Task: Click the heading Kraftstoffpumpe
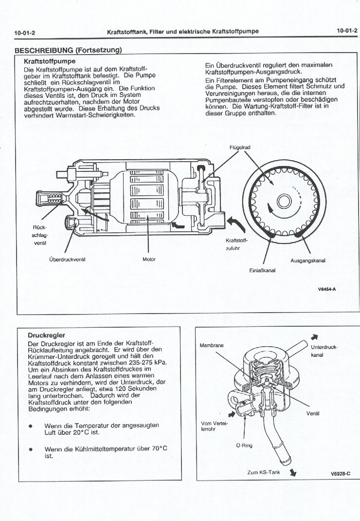coord(49,62)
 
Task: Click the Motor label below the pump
coord(149,259)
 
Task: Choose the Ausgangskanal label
coord(307,260)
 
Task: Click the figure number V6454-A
coord(327,289)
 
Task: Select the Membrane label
coord(212,345)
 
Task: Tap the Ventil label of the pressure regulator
coord(312,414)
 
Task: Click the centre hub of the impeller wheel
coord(283,201)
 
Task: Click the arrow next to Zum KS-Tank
coord(293,472)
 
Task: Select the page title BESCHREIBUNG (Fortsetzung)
coord(68,50)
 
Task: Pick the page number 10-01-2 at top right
coord(346,31)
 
